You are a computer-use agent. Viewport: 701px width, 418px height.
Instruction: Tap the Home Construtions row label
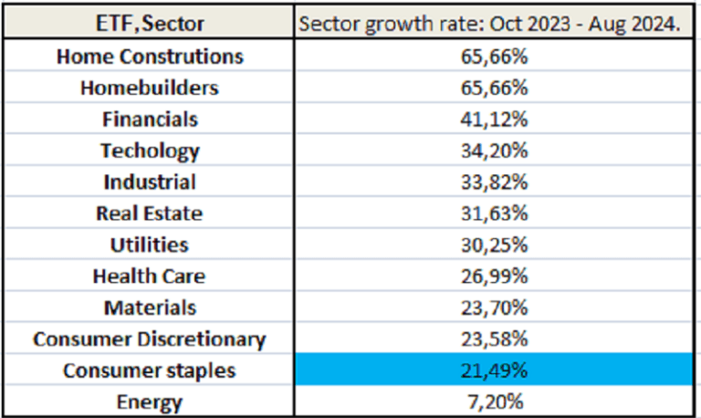151,56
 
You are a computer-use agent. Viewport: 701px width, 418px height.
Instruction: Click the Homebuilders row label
151,88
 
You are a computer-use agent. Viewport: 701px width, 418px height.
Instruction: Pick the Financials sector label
151,120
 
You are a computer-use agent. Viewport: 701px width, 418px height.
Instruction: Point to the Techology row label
151,151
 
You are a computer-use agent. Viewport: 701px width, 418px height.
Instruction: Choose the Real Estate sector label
151,214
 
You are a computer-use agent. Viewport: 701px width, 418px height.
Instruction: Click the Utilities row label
151,245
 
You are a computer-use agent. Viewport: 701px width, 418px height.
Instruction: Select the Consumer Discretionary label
151,340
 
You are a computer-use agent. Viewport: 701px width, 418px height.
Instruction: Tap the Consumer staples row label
151,371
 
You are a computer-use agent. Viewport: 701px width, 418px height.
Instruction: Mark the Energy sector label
151,402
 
